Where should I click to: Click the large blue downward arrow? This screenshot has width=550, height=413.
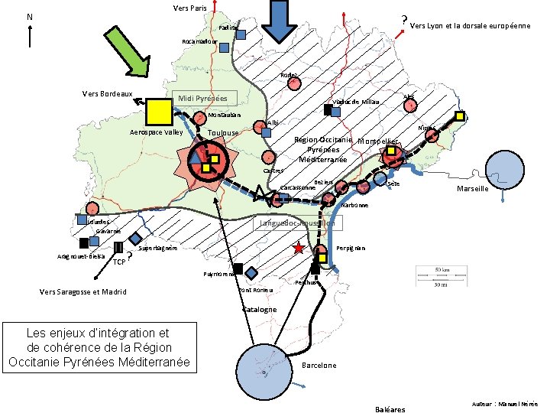(281, 21)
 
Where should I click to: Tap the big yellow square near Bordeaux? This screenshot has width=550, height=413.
(160, 112)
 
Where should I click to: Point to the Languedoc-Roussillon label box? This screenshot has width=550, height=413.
(298, 223)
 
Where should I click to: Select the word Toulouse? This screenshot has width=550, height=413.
(223, 133)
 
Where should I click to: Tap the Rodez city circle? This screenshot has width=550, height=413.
(295, 85)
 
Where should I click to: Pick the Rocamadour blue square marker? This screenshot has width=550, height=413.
(224, 47)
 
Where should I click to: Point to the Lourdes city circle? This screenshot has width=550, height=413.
(92, 208)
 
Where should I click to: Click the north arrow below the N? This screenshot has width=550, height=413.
(29, 35)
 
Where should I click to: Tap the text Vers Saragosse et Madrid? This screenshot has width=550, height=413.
(82, 291)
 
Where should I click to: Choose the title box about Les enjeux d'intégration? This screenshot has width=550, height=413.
(97, 346)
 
